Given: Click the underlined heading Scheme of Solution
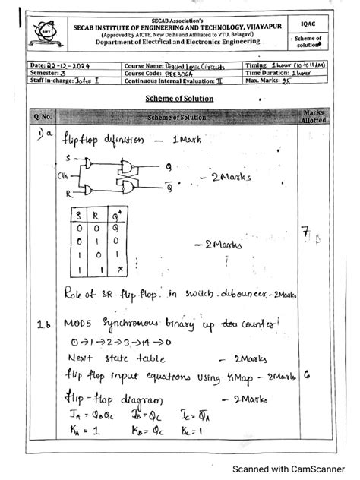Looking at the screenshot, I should tap(179, 99).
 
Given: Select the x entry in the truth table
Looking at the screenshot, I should tap(120, 268).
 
